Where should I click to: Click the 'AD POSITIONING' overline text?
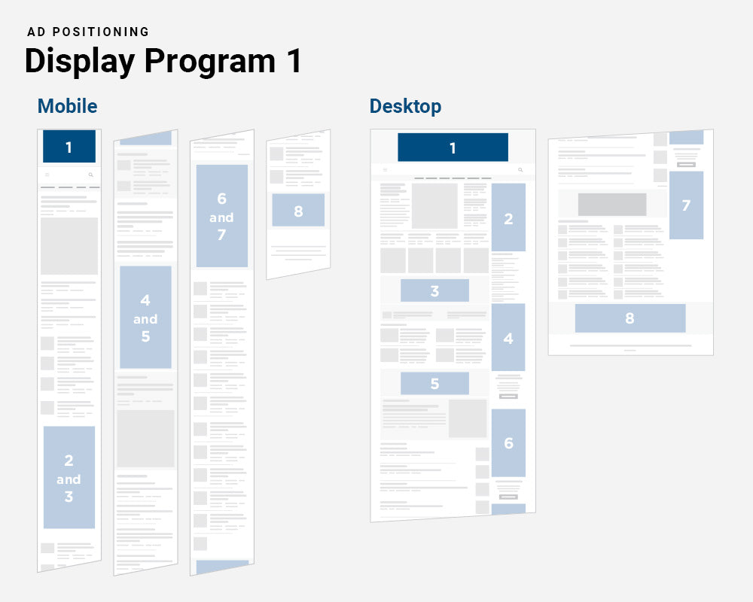[x=88, y=32]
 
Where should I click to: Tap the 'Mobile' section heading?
[x=67, y=106]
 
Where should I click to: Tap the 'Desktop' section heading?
[x=405, y=106]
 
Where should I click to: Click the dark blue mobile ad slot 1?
[x=69, y=147]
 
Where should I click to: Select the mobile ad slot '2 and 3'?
[x=69, y=478]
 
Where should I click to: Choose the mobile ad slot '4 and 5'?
[x=145, y=318]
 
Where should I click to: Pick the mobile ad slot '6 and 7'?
[x=221, y=217]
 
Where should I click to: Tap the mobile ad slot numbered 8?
[x=298, y=211]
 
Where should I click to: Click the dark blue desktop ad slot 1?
[x=453, y=147]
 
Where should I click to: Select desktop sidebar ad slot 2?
[x=508, y=218]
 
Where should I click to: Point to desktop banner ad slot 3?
[x=434, y=290]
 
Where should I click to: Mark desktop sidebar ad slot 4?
[x=508, y=338]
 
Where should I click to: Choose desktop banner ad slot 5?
[x=434, y=383]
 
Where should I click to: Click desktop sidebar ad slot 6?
[x=508, y=442]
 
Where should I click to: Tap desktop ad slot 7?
[x=686, y=205]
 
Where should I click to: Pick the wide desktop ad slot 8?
[x=630, y=318]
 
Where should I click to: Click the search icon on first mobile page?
[x=91, y=175]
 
